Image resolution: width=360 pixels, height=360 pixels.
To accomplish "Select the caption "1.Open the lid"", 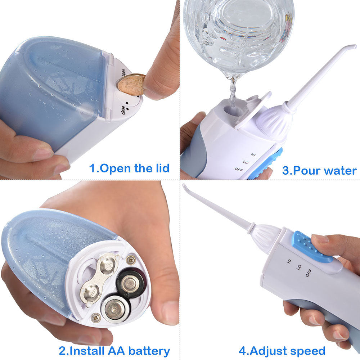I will (x=129, y=168).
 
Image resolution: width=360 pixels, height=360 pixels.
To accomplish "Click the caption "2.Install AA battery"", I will (x=114, y=350).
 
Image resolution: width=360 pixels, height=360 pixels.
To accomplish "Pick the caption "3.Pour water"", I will (x=319, y=170).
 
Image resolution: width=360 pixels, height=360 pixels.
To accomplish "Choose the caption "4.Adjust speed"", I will (x=282, y=350).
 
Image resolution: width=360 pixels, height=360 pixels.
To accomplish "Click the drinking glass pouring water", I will (x=238, y=32).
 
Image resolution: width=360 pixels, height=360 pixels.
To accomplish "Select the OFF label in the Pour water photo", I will (x=239, y=169).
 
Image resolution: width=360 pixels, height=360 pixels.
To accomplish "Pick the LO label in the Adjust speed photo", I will (x=299, y=267).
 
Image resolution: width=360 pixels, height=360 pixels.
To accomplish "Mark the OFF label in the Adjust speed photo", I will (x=309, y=273).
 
